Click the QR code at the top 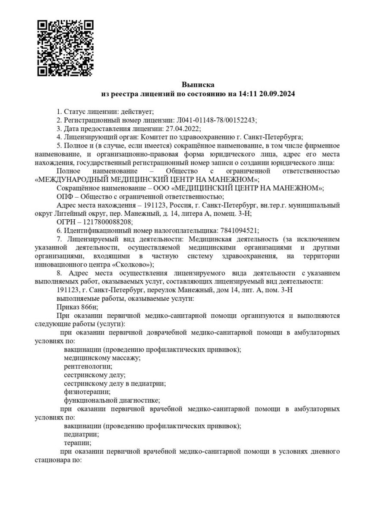pyautogui.click(x=65, y=48)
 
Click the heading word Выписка pyautogui.click(x=198, y=85)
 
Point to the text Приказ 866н pyautogui.click(x=77, y=307)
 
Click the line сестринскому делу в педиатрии pyautogui.click(x=115, y=383)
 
